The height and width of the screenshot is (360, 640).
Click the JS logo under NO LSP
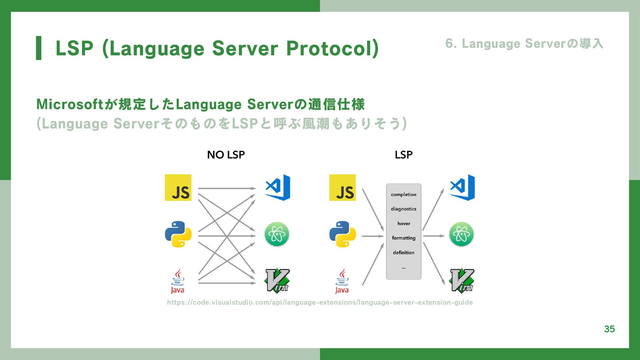click(x=178, y=188)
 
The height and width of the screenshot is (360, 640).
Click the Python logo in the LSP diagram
click(x=342, y=234)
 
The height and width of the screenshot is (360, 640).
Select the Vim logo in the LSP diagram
click(x=462, y=281)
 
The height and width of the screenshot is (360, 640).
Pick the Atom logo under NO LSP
click(x=277, y=234)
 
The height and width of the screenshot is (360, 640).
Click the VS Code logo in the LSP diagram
click(x=462, y=187)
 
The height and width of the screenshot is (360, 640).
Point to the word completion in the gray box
click(x=403, y=194)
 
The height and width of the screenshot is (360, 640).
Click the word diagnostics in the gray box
click(x=403, y=209)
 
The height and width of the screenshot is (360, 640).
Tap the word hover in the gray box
click(x=403, y=223)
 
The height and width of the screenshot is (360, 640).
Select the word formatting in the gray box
click(x=403, y=238)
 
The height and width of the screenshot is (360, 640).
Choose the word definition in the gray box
click(x=403, y=253)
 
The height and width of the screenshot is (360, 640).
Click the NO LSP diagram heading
click(x=226, y=155)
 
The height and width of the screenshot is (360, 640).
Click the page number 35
click(x=609, y=329)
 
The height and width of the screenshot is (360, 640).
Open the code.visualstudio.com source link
click(x=320, y=302)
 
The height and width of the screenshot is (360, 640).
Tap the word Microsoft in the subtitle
click(x=70, y=104)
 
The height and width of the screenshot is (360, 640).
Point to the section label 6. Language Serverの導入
click(x=524, y=44)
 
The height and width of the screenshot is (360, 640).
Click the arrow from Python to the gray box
click(x=373, y=236)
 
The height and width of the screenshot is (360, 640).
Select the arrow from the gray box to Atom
click(x=433, y=236)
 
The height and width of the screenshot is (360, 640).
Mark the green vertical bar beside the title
click(x=39, y=48)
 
